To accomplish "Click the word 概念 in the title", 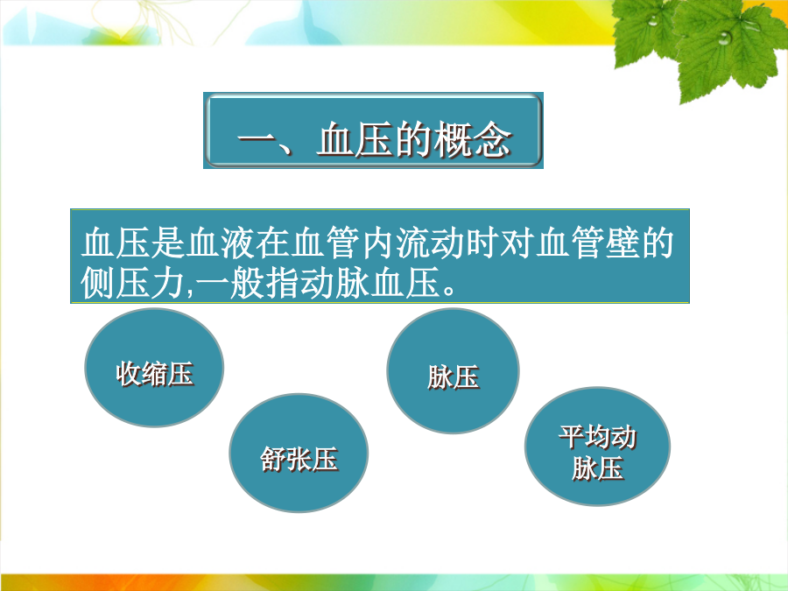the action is pyautogui.click(x=473, y=140).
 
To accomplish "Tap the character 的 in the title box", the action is pyautogui.click(x=413, y=140).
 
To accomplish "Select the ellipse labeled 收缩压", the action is pyautogui.click(x=154, y=368).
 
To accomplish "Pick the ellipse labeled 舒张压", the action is pyautogui.click(x=299, y=454).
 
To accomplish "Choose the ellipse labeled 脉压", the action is pyautogui.click(x=453, y=371).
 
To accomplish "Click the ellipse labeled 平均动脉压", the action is pyautogui.click(x=597, y=447).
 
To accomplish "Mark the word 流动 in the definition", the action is pyautogui.click(x=430, y=243).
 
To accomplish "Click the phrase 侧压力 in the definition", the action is pyautogui.click(x=133, y=283).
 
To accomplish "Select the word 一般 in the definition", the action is pyautogui.click(x=229, y=283).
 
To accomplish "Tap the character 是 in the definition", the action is pyautogui.click(x=168, y=243).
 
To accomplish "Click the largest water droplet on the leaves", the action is pyautogui.click(x=724, y=37).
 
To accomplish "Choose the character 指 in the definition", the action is pyautogui.click(x=282, y=283).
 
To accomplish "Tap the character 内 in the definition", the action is pyautogui.click(x=378, y=243).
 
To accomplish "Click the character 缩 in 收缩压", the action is pyautogui.click(x=154, y=374).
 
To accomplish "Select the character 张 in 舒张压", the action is pyautogui.click(x=299, y=460).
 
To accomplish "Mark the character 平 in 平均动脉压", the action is pyautogui.click(x=572, y=437).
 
